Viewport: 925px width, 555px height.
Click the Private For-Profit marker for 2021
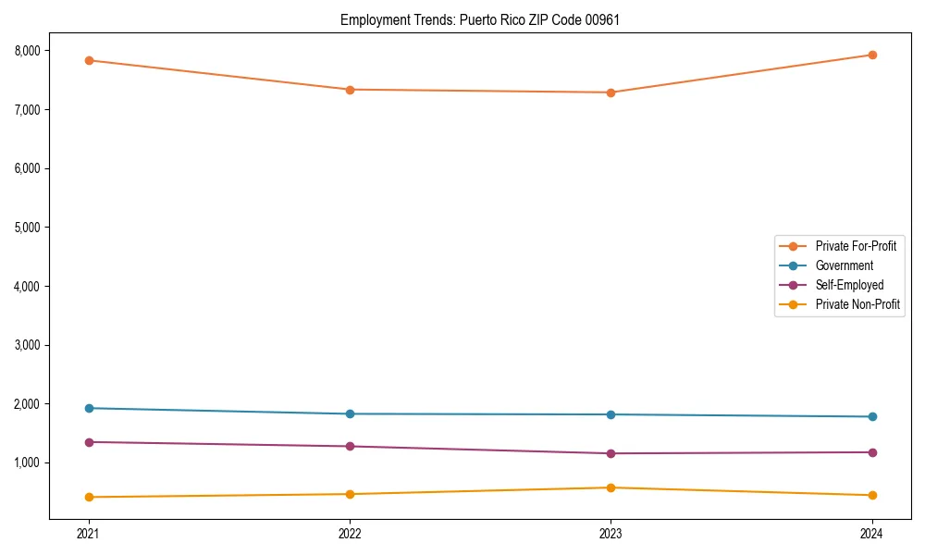(x=89, y=60)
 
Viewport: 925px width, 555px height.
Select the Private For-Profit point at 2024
(x=871, y=55)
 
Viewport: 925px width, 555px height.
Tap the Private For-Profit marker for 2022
(x=350, y=90)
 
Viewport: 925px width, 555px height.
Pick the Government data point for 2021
(x=89, y=408)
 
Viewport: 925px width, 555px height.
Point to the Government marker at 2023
(x=610, y=414)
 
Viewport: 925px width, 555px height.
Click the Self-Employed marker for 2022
(x=350, y=447)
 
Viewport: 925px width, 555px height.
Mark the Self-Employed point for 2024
(x=871, y=452)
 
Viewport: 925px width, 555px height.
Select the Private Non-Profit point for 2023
(x=610, y=487)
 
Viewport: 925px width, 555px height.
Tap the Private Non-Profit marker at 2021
(x=89, y=497)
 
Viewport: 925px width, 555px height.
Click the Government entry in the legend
(x=844, y=265)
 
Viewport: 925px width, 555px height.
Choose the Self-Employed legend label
(x=849, y=285)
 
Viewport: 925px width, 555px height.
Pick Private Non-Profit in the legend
(x=857, y=304)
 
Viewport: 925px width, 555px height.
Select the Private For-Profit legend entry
(x=856, y=246)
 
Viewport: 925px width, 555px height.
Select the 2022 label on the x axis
(x=350, y=533)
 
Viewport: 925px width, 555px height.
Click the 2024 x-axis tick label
(x=871, y=533)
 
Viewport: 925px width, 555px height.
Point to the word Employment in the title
(x=369, y=19)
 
